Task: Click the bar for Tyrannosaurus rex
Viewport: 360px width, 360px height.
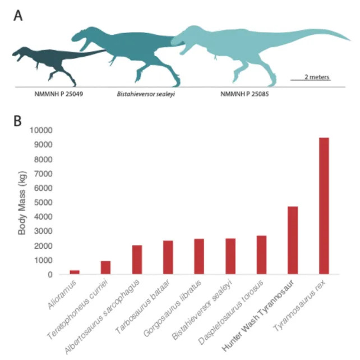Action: [x=324, y=206]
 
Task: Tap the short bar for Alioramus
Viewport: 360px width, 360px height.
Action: [x=75, y=272]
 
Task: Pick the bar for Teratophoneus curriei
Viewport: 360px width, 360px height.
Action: [x=105, y=268]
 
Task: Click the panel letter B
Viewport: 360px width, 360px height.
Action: [x=18, y=120]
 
